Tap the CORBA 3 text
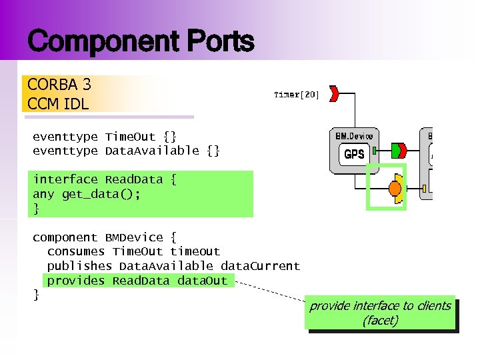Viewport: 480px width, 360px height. point(59,85)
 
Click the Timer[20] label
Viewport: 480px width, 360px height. point(297,95)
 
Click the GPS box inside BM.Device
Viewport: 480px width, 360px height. point(353,155)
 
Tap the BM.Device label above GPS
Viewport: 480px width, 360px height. point(354,135)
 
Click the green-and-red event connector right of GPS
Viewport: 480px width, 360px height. point(400,148)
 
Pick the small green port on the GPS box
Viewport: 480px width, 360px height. point(375,148)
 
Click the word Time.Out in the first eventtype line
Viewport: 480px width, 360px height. point(133,137)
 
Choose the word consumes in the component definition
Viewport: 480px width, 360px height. point(76,251)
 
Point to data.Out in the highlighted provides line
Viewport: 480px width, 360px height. point(202,281)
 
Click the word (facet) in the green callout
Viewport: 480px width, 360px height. point(380,321)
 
